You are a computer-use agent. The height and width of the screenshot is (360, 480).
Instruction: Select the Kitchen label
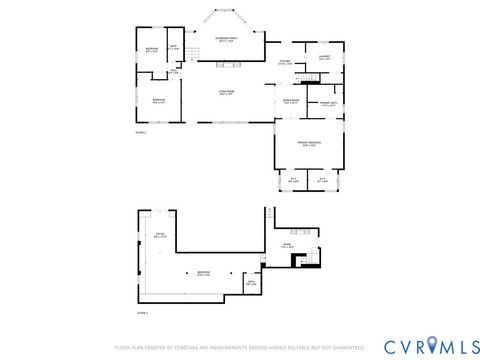click(x=285, y=62)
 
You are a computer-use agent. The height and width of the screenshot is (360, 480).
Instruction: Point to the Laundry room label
click(x=324, y=57)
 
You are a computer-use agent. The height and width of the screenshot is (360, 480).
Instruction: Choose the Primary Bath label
click(x=327, y=104)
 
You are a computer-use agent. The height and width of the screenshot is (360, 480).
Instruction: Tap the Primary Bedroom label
click(x=308, y=144)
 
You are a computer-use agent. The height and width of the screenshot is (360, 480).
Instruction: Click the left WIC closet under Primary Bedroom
click(x=292, y=180)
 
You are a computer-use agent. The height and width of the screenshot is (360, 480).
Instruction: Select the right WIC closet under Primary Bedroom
click(x=322, y=180)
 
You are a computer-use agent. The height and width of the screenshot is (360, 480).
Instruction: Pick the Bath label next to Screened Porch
click(x=173, y=47)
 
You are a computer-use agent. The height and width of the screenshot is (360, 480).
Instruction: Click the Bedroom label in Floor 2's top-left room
click(x=150, y=50)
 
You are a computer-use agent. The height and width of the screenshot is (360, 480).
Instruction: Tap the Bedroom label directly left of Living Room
click(x=159, y=100)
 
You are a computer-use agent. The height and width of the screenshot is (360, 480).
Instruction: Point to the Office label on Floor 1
click(x=159, y=236)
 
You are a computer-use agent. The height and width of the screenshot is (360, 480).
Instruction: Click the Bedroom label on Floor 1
click(x=203, y=272)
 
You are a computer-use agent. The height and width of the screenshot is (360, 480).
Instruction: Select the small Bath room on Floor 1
click(x=252, y=283)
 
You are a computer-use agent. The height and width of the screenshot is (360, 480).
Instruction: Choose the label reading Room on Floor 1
click(x=287, y=244)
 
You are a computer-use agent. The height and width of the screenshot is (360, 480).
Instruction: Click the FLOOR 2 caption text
click(x=141, y=131)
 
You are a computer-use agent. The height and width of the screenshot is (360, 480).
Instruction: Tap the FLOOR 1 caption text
click(x=141, y=313)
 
